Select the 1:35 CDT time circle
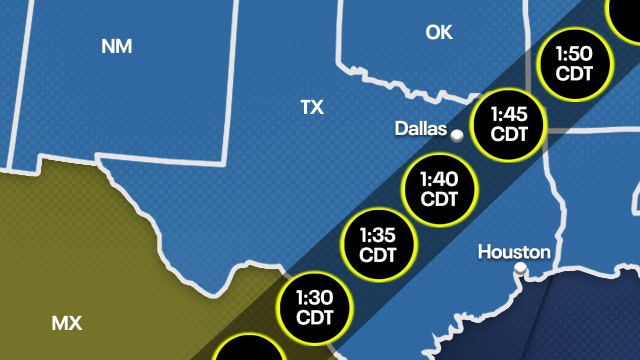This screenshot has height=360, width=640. point(378,245)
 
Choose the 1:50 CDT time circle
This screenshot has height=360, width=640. point(573,64)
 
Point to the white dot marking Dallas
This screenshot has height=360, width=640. point(456,135)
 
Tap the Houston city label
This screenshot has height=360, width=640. point(514,251)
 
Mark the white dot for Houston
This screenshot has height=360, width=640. point(520,269)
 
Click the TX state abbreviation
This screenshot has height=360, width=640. point(312,107)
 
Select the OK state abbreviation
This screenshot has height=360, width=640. point(438,33)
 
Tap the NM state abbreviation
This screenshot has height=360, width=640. point(117,46)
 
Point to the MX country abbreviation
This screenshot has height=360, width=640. point(66,322)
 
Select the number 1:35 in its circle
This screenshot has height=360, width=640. point(378,235)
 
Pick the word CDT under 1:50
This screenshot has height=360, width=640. point(573,74)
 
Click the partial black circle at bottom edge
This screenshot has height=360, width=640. point(247,350)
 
